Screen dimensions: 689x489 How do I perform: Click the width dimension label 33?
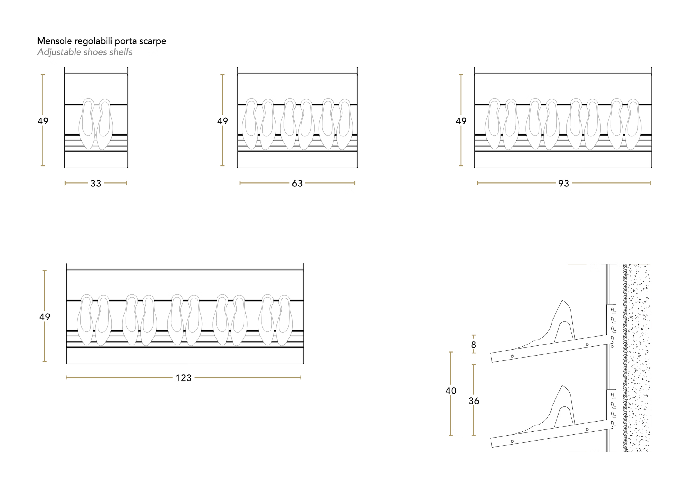coord(96,183)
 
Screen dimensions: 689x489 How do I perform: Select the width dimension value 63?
coord(297,183)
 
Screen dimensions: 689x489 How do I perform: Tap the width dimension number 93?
coord(563,183)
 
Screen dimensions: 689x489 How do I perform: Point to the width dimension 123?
coord(183,378)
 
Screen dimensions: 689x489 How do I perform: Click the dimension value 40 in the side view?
coord(451,391)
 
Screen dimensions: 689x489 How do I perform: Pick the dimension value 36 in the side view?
coord(474,401)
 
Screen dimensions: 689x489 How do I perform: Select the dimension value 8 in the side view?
coord(474,345)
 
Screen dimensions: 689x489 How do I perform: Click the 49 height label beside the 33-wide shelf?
coord(43,121)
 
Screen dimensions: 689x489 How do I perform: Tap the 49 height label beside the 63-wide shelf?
coord(223,121)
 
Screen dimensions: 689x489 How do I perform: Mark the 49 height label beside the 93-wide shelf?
coord(461,121)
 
